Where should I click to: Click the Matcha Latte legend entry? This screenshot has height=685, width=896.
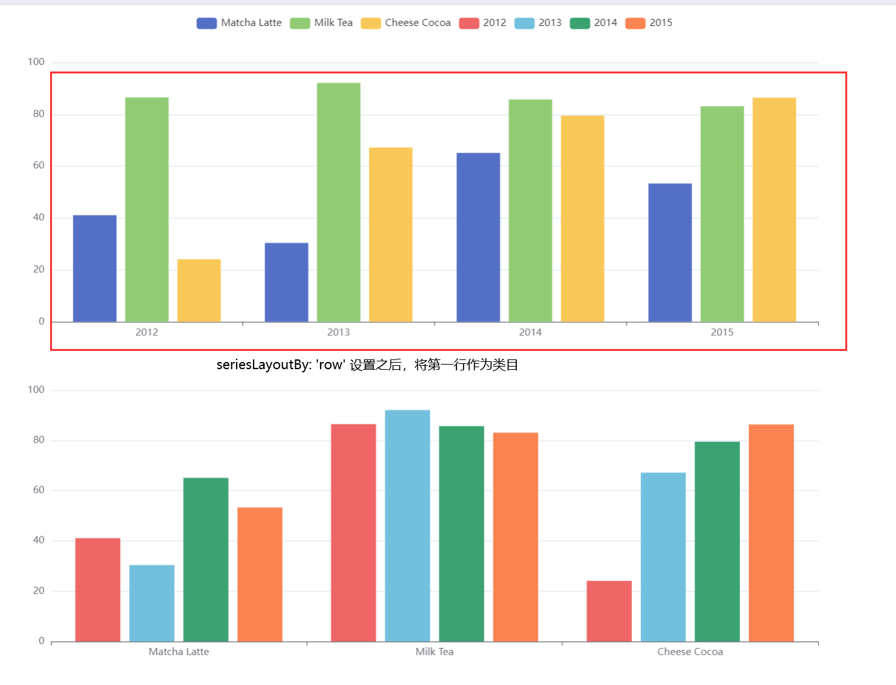pyautogui.click(x=239, y=23)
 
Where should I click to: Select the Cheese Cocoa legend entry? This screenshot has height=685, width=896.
pyautogui.click(x=406, y=23)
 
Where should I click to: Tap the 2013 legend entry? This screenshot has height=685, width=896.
pyautogui.click(x=538, y=23)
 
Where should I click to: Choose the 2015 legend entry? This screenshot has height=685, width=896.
pyautogui.click(x=649, y=23)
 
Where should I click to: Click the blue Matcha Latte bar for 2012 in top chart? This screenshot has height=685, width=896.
pyautogui.click(x=95, y=268)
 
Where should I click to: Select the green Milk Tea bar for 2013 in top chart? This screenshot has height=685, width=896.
pyautogui.click(x=338, y=202)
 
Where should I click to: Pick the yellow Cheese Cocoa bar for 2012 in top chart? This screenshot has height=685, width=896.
pyautogui.click(x=199, y=291)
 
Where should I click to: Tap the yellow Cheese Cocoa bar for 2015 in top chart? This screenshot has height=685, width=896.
pyautogui.click(x=774, y=209)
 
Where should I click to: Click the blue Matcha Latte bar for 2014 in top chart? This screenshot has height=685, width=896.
pyautogui.click(x=478, y=237)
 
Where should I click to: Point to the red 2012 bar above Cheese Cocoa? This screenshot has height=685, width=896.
pyautogui.click(x=609, y=611)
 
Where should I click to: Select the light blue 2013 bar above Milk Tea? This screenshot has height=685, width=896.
pyautogui.click(x=407, y=525)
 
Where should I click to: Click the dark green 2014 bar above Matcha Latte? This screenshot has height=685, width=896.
pyautogui.click(x=205, y=560)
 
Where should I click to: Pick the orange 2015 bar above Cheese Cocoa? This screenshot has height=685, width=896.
pyautogui.click(x=771, y=533)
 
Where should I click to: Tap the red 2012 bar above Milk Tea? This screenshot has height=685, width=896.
pyautogui.click(x=353, y=533)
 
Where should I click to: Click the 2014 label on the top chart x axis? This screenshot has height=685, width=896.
pyautogui.click(x=530, y=332)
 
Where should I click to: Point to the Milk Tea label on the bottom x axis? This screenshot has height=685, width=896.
pyautogui.click(x=434, y=652)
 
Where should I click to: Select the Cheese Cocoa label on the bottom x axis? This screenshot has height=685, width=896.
pyautogui.click(x=690, y=652)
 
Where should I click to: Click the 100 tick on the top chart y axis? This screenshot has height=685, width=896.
pyautogui.click(x=36, y=62)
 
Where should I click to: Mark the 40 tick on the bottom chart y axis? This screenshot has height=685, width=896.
pyautogui.click(x=38, y=540)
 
